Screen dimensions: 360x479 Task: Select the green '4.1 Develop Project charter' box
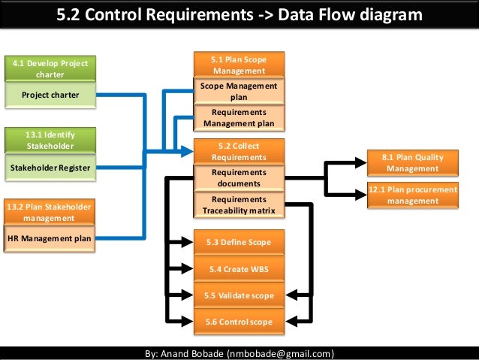coord(50,68)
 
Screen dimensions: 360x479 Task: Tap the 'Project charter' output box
coord(50,95)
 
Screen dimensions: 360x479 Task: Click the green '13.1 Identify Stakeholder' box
coord(50,140)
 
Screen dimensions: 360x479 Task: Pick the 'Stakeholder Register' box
coord(50,168)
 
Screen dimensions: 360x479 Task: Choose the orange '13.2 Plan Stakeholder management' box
coord(50,212)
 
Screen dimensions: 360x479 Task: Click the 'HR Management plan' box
coord(50,239)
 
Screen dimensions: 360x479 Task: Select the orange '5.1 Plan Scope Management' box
coord(239,65)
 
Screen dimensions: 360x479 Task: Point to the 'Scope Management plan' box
coord(239,91)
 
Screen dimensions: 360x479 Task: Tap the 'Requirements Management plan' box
coord(239,117)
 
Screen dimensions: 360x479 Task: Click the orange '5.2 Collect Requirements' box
coord(239,151)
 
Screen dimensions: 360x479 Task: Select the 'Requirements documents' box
coord(239,177)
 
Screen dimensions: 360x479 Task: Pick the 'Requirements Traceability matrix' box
coord(239,204)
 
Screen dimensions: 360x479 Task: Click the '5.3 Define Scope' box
coord(239,242)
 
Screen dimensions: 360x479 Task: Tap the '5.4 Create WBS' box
coord(239,268)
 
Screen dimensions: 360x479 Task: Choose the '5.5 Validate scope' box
coord(239,295)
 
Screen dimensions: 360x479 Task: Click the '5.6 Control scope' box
coord(239,322)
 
